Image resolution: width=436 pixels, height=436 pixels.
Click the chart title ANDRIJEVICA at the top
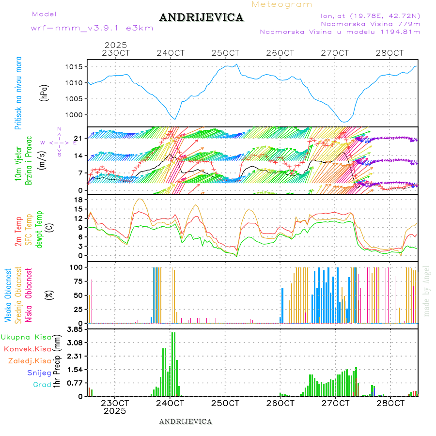click(x=201, y=18)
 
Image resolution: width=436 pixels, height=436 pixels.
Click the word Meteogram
click(x=282, y=4)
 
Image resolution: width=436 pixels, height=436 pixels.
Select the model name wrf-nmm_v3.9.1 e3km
click(x=92, y=28)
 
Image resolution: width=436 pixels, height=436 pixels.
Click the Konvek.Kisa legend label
click(x=28, y=349)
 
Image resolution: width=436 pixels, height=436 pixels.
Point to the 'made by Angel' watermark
click(x=427, y=291)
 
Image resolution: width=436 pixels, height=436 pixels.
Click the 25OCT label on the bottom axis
click(x=226, y=403)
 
